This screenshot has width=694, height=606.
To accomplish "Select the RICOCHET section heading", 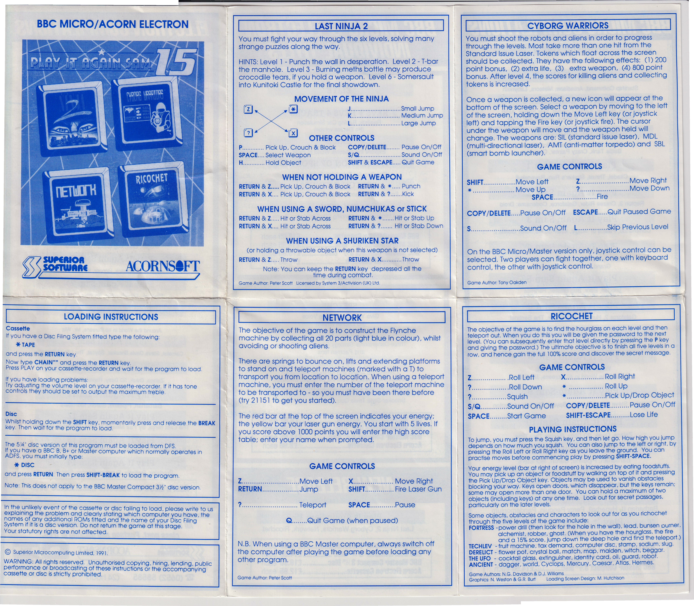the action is click(x=571, y=316).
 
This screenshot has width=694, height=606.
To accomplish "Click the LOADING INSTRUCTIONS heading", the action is click(x=111, y=317).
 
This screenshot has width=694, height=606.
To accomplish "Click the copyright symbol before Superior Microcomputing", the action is click(x=8, y=552).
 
